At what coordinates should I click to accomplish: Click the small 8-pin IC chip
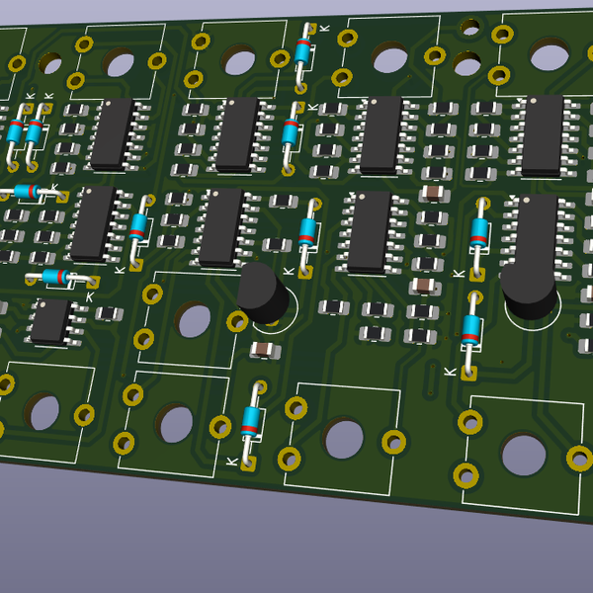(x=50, y=321)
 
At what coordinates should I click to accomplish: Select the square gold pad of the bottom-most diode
(x=248, y=462)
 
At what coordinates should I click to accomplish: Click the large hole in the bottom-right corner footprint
(x=523, y=454)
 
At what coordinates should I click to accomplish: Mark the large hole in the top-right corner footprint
(x=549, y=52)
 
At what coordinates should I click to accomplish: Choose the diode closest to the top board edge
(x=302, y=51)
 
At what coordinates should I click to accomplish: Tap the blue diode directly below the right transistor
(x=471, y=329)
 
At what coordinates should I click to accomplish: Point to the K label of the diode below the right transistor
(x=450, y=372)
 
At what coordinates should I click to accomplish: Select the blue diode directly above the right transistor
(x=479, y=233)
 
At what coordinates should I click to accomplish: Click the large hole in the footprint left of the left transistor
(x=193, y=319)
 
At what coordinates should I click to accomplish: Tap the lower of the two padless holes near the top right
(x=467, y=65)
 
